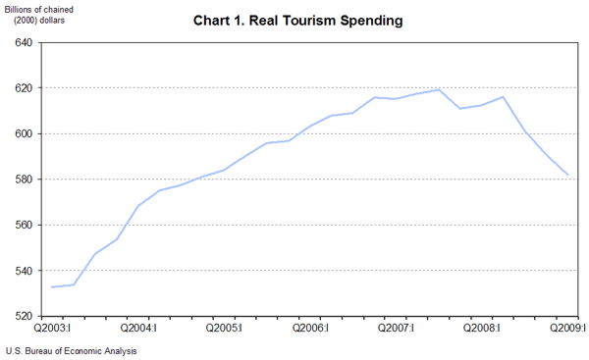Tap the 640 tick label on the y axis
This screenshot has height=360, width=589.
[24, 43]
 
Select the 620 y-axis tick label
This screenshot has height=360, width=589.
[24, 88]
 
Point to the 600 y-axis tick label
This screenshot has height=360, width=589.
[24, 134]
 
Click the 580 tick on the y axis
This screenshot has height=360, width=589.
[24, 180]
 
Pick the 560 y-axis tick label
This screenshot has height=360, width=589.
[24, 226]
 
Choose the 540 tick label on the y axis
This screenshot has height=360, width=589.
[24, 271]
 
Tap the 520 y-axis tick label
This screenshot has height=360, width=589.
[24, 317]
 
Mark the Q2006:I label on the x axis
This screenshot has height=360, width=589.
[310, 330]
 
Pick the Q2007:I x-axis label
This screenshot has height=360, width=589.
[397, 330]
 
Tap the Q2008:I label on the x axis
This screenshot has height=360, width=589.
[482, 330]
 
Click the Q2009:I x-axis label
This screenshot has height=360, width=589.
[567, 330]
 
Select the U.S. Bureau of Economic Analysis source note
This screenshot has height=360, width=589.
[71, 351]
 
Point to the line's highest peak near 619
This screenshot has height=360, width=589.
[439, 90]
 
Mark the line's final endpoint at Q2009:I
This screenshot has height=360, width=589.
[568, 175]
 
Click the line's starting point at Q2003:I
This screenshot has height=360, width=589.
[51, 286]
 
